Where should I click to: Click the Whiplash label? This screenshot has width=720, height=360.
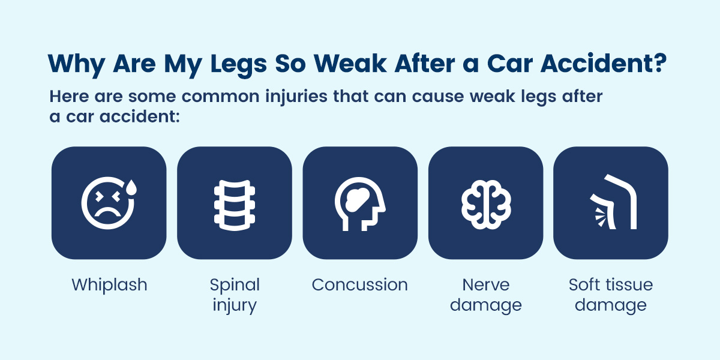109,285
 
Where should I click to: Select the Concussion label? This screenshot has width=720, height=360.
359,284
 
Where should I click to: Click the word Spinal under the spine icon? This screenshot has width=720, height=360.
235,284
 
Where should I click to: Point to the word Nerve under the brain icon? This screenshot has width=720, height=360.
486,284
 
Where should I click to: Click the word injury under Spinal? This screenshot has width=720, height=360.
235,305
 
